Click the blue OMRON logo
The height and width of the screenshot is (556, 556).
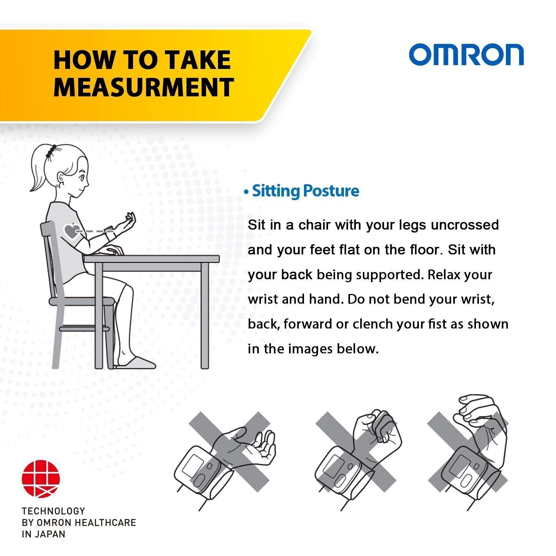[x=466, y=55]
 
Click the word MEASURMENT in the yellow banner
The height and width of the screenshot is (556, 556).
[x=143, y=87]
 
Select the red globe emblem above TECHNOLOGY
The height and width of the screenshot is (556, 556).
[x=41, y=479]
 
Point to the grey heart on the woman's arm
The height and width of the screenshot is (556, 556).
[x=71, y=231]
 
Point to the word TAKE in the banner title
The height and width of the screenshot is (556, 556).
[x=198, y=60]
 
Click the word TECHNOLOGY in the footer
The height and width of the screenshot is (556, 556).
[x=53, y=511]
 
